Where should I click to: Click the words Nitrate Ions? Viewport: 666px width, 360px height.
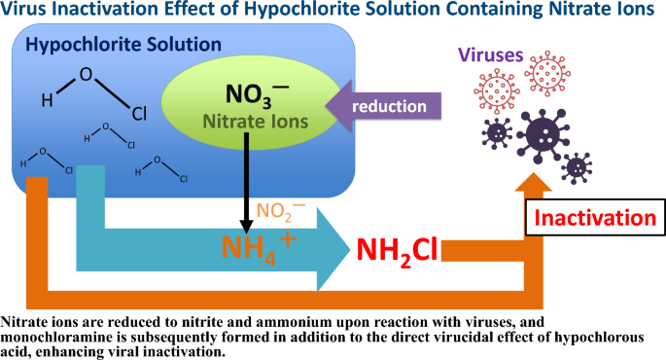point(257,122)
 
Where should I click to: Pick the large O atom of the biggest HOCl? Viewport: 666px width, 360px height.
point(86,74)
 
